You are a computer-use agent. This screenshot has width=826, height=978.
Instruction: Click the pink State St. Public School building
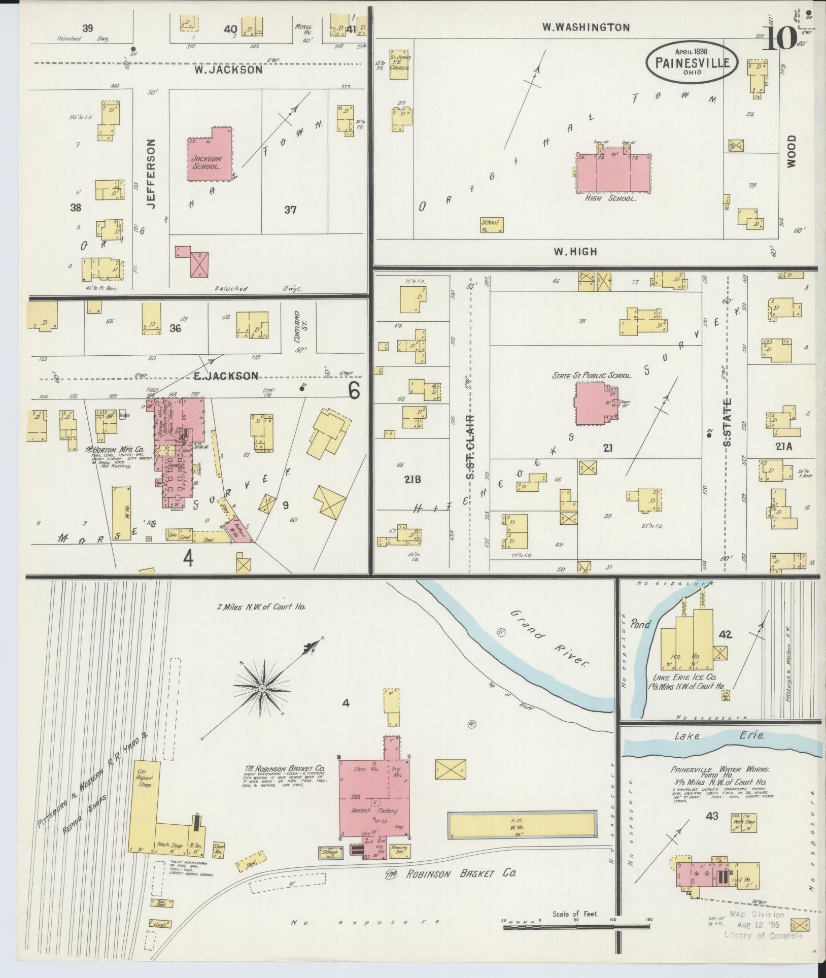(594, 403)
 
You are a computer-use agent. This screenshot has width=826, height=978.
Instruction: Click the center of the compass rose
(262, 689)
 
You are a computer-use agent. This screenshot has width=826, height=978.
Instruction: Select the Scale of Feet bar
(576, 927)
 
